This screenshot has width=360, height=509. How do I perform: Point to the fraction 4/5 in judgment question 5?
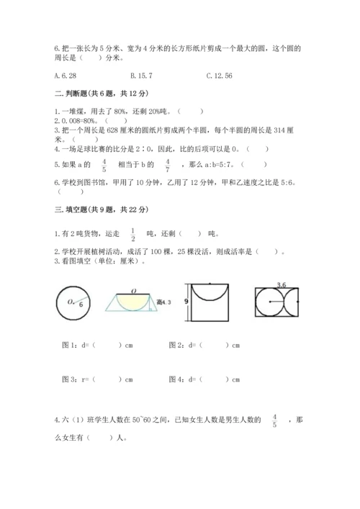click(104, 166)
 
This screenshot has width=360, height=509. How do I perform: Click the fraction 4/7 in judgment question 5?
click(167, 166)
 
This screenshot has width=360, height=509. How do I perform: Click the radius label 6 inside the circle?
click(81, 305)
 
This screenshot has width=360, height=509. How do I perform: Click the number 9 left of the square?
click(186, 301)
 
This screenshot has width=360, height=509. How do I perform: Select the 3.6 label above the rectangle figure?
click(282, 286)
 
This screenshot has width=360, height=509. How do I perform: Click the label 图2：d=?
click(184, 344)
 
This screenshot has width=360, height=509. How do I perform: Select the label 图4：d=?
click(184, 379)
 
